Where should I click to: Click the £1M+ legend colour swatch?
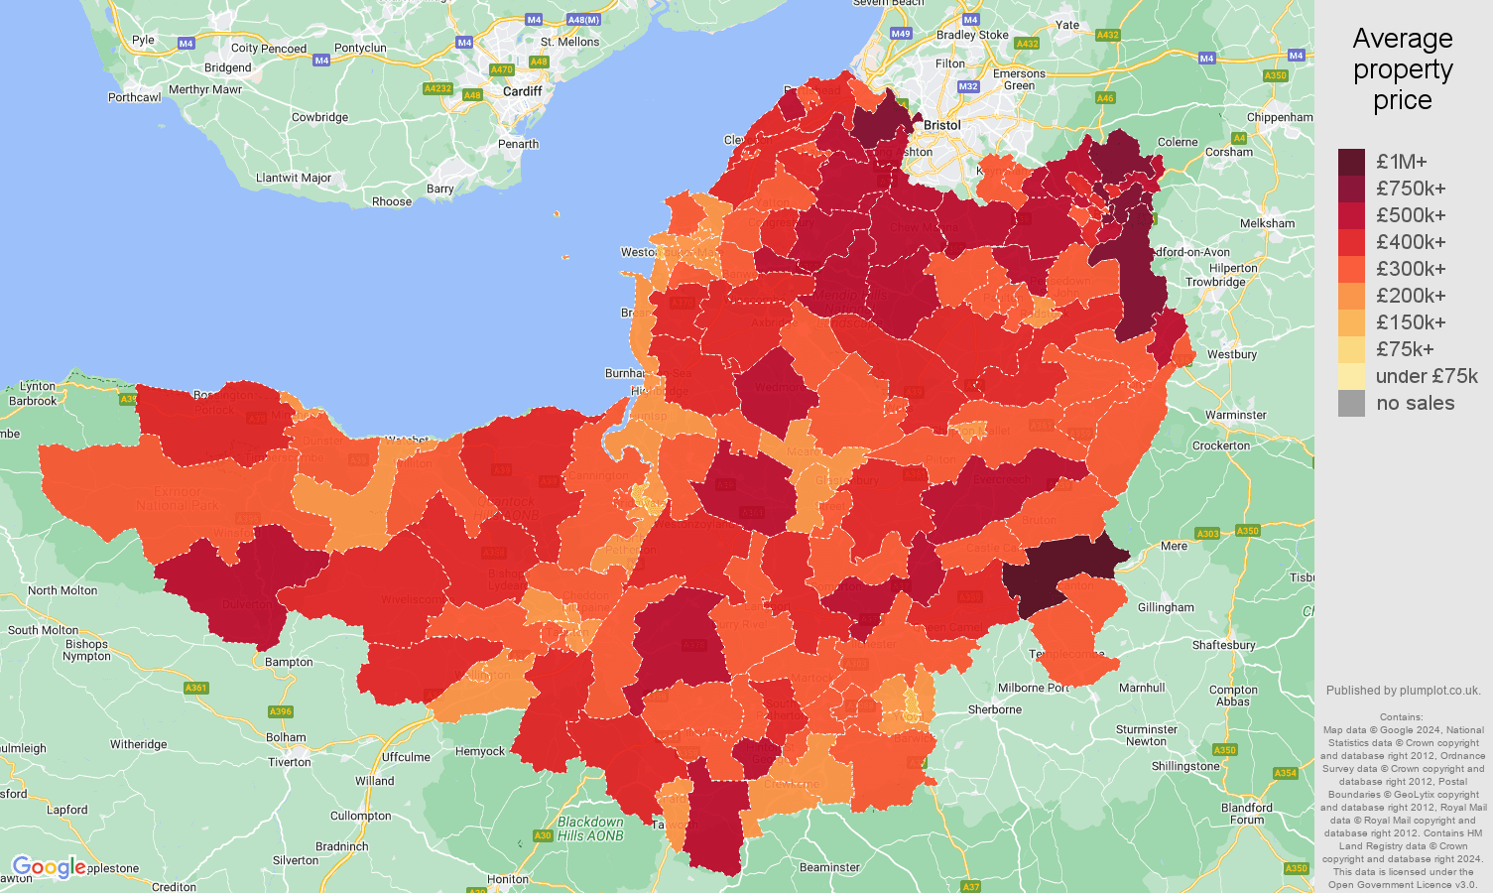pos(1351,162)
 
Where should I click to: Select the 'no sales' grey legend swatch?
pos(1351,403)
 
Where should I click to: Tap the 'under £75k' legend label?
pos(1427,376)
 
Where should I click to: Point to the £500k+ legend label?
pos(1411,215)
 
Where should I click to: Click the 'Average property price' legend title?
pos(1403,68)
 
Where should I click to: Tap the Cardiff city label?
pos(523,91)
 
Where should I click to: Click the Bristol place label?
pos(941,125)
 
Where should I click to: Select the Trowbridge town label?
pos(1215,282)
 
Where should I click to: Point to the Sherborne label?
pos(995,709)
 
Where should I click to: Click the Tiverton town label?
pos(290,762)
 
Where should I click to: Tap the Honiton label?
pos(508,879)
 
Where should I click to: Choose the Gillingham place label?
pos(1166,607)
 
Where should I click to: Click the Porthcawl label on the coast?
pos(135,97)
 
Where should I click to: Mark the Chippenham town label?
pos(1280,117)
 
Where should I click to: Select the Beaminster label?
pos(829,867)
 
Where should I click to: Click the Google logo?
pos(48,867)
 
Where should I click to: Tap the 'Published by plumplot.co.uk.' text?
pos(1403,691)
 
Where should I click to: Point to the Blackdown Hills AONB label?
pos(590,829)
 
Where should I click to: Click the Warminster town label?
pos(1235,415)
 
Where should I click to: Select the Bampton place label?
pos(289,662)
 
